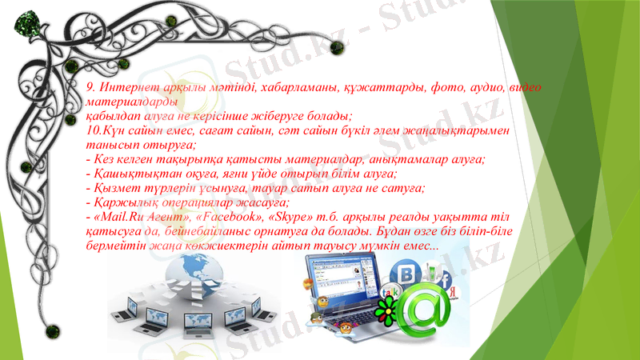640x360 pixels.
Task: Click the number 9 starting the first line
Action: point(90,87)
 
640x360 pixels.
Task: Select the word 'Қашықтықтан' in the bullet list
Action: point(129,173)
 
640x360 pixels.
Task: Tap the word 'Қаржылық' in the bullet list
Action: point(120,202)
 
